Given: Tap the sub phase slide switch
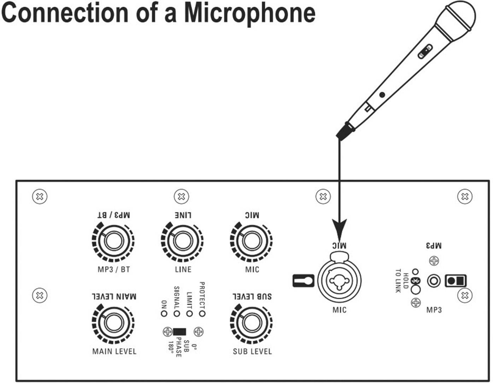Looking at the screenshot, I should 179,332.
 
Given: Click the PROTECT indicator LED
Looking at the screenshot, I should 202,313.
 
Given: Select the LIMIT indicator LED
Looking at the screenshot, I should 189,313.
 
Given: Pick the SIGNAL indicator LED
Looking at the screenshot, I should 177,313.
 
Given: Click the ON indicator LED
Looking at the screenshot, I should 164,313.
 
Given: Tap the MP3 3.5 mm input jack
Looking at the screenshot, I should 434,281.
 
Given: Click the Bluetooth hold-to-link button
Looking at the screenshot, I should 416,289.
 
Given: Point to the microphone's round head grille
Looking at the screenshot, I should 461,16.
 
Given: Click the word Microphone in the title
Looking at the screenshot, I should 250,13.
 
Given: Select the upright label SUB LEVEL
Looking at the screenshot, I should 252,351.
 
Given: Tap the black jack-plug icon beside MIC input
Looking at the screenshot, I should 304,281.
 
